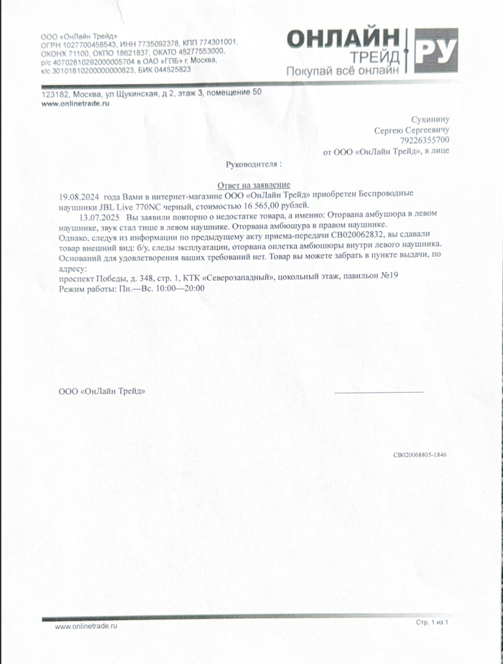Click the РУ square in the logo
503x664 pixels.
tap(436, 50)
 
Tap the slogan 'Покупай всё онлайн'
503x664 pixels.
tap(342, 71)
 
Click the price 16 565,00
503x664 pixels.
tap(252, 205)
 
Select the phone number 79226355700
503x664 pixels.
tap(425, 141)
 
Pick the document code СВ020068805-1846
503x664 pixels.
tap(420, 455)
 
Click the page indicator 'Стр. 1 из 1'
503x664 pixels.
tap(432, 622)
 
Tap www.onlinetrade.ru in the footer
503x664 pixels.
tap(86, 626)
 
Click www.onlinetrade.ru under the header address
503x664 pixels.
tap(75, 104)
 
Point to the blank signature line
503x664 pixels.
tap(379, 392)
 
